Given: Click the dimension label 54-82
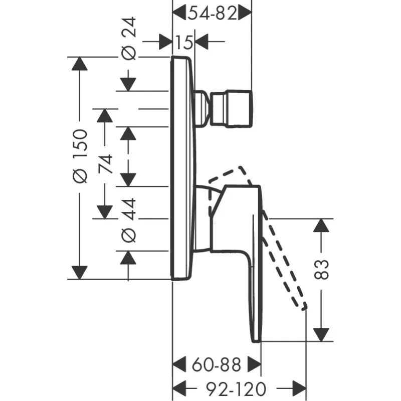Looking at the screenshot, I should [212, 14].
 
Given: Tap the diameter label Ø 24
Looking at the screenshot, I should [129, 39].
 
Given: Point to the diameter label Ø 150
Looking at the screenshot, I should [80, 155].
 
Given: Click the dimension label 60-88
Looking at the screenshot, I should [217, 363].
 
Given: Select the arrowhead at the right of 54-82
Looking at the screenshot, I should [245, 14].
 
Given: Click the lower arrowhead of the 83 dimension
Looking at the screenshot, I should [321, 333].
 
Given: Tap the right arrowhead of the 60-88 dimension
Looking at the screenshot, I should [254, 363].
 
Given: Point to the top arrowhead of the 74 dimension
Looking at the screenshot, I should [104, 115].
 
